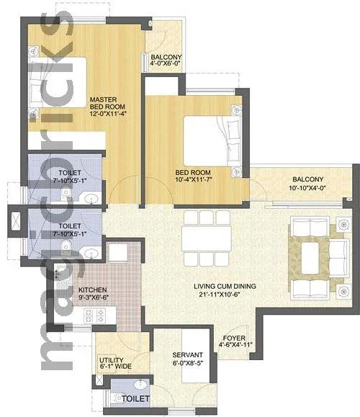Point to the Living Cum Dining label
click(225, 286)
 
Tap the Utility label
click(112, 360)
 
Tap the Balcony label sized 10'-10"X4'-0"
click(307, 179)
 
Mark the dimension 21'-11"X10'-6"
click(225, 295)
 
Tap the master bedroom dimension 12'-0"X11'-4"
click(109, 113)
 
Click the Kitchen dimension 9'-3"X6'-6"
click(93, 299)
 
